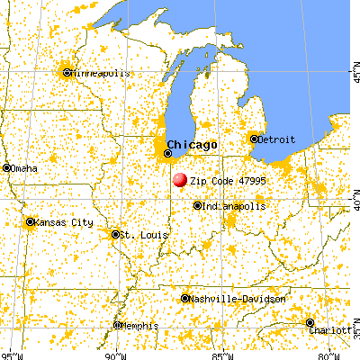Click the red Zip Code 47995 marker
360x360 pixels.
180,180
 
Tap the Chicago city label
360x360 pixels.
191,145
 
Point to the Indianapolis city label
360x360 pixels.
234,206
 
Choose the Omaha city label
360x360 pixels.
25,167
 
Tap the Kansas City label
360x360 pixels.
63,222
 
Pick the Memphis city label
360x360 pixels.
140,326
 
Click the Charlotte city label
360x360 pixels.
336,330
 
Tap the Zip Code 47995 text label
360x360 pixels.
229,180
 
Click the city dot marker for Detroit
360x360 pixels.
255,139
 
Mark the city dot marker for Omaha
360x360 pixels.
6,167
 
